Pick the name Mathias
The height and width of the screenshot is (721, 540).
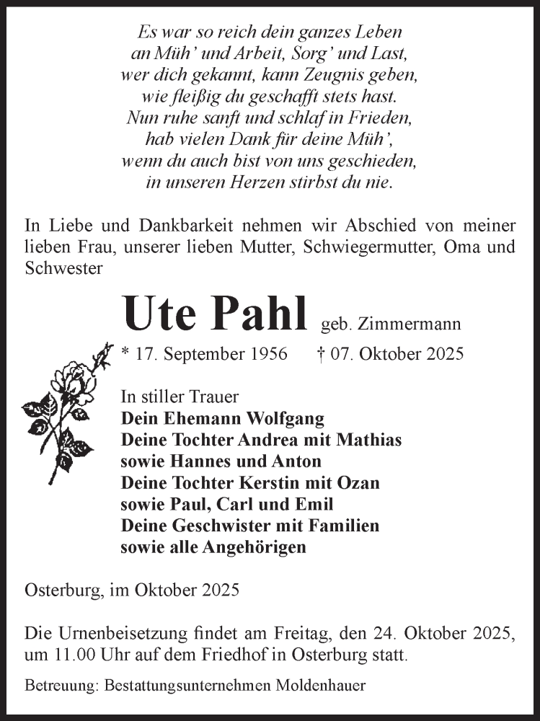point(365,440)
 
